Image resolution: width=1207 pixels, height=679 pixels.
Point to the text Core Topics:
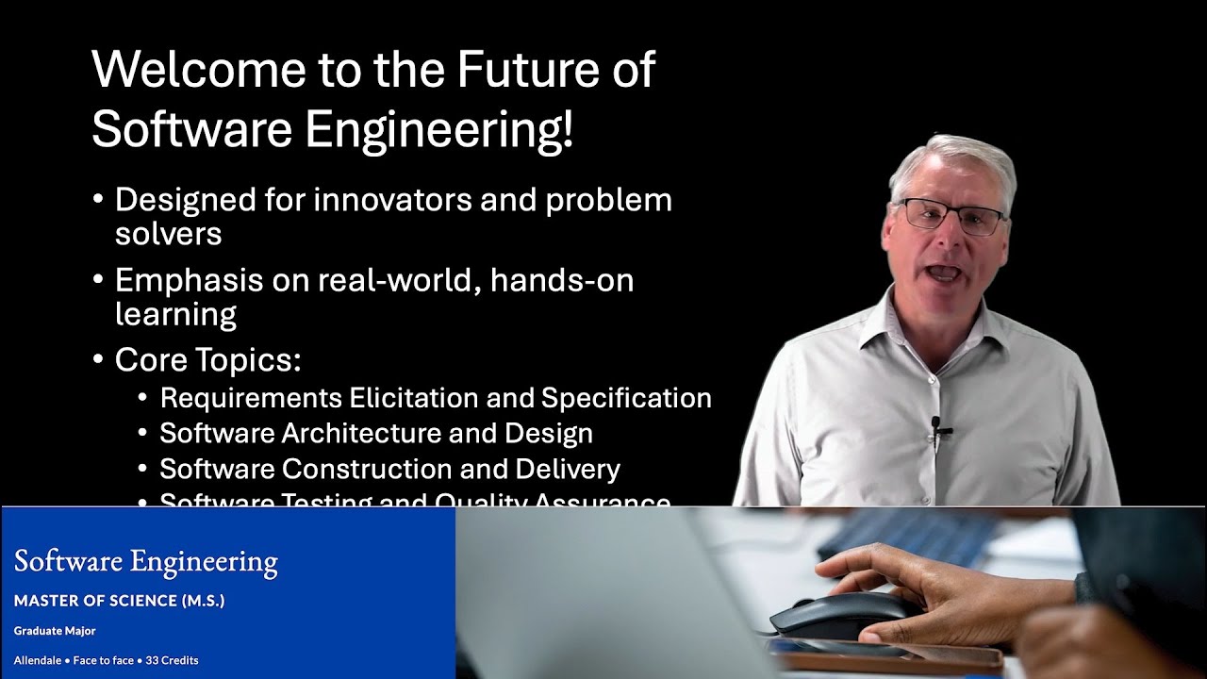(x=207, y=360)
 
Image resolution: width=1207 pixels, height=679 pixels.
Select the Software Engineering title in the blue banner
(x=146, y=562)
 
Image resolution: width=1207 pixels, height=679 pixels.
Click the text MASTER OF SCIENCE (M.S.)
(x=120, y=601)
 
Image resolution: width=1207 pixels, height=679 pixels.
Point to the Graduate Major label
(x=55, y=631)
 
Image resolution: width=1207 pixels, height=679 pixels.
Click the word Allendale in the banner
(x=38, y=660)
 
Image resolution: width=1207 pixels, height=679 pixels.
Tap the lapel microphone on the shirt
(x=937, y=429)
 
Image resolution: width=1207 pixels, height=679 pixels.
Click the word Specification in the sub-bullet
(x=626, y=398)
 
